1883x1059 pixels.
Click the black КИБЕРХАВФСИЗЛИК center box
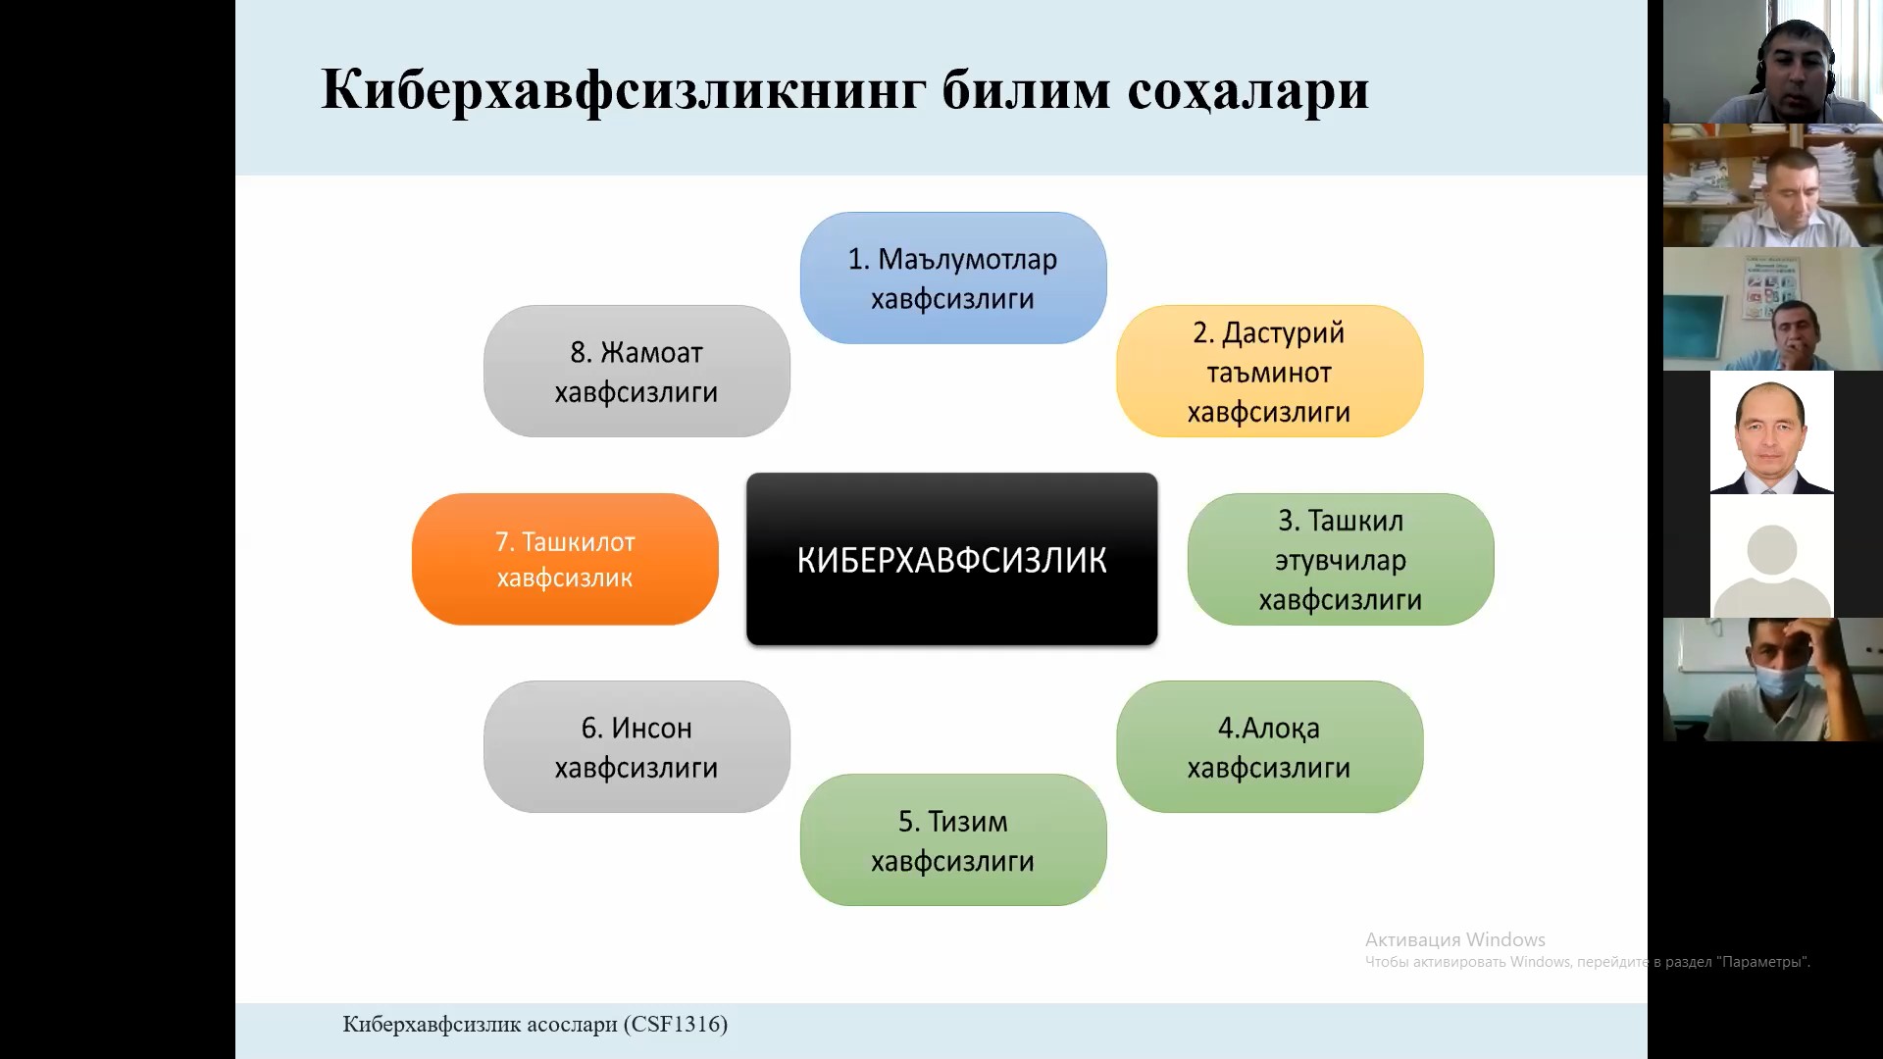(951, 559)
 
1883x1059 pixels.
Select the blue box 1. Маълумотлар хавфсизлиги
(953, 277)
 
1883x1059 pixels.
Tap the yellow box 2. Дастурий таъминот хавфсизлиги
(1269, 371)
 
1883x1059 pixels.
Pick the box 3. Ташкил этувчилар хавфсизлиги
(1341, 559)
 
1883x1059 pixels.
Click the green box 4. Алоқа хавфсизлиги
(1269, 746)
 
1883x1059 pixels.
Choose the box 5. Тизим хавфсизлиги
(953, 839)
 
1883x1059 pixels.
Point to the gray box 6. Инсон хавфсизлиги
(636, 746)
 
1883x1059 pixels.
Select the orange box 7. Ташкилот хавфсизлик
(565, 559)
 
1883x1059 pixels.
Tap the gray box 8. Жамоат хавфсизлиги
(636, 371)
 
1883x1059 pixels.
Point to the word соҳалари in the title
(1248, 91)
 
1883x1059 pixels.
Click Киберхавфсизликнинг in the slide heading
(624, 91)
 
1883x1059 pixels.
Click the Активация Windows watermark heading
(1455, 939)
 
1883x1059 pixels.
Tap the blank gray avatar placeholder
(1772, 556)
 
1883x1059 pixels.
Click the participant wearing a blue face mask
(1773, 680)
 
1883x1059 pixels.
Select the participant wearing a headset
(1773, 62)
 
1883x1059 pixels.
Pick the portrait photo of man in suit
(1772, 432)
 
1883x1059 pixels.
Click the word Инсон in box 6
(651, 729)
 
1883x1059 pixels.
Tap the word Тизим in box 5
(967, 822)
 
